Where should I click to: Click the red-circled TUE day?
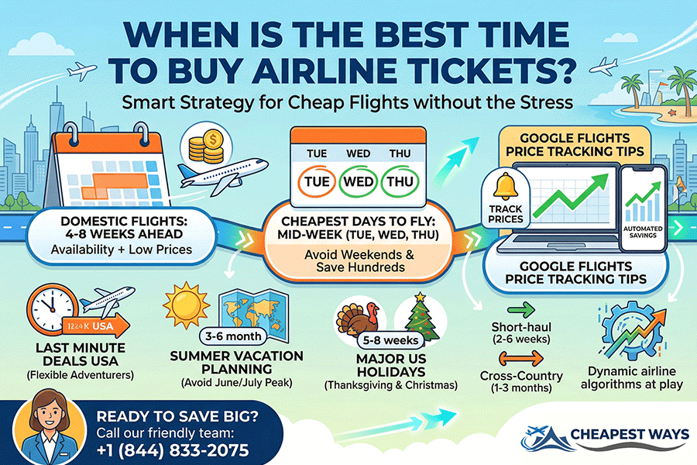coord(311,182)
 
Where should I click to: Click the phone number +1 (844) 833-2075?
coord(173,449)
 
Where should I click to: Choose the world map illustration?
coord(245,311)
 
